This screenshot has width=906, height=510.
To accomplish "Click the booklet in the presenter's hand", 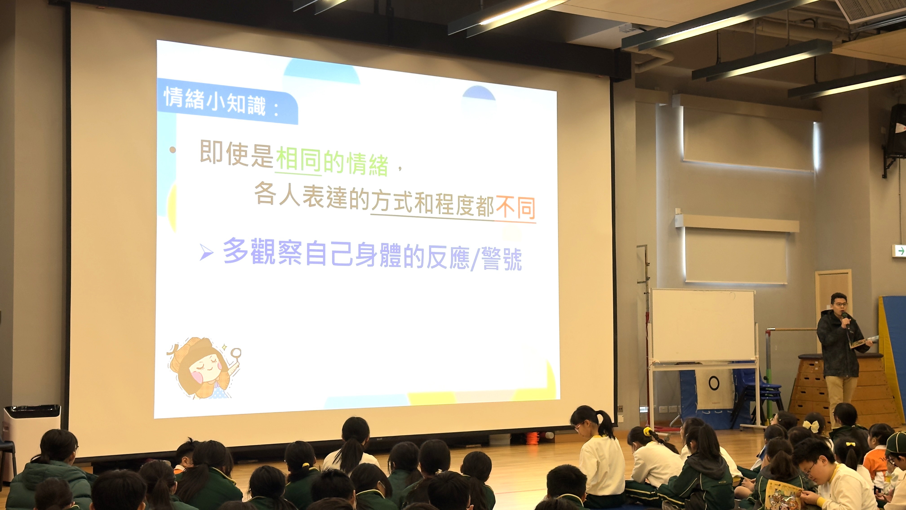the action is pos(864,342).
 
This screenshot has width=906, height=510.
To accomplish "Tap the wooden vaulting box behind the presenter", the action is pos(844,387).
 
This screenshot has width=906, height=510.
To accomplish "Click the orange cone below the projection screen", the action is pos(533,438).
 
